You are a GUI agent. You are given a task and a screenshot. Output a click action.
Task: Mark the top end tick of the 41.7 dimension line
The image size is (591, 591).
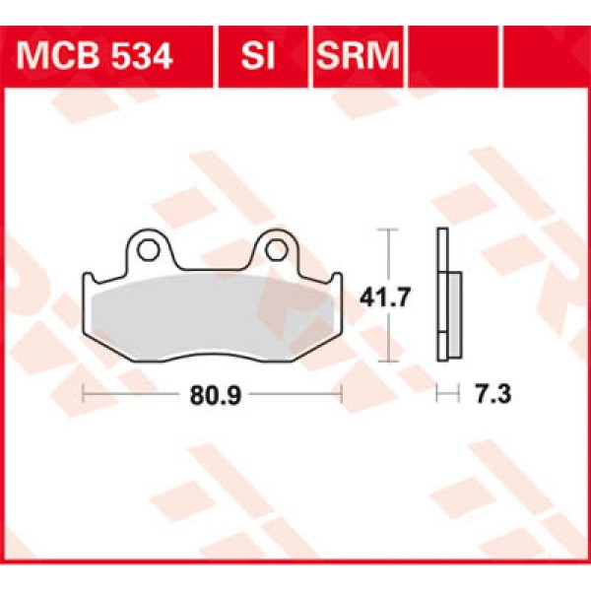tap(389, 230)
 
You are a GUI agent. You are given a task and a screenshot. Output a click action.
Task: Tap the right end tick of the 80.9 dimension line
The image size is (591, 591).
tap(340, 395)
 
